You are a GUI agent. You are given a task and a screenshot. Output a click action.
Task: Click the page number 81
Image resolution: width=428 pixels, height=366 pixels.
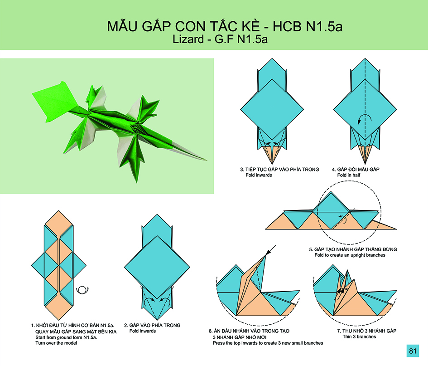413,351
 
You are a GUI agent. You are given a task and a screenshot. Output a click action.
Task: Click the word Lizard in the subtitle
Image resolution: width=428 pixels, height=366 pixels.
188,39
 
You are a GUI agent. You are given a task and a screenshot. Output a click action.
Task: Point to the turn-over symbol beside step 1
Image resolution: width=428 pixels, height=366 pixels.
82,290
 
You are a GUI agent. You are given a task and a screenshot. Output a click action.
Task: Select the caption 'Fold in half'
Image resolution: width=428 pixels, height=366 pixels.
349,175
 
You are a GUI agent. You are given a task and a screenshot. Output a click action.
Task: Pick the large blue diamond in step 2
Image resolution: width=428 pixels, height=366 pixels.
157,267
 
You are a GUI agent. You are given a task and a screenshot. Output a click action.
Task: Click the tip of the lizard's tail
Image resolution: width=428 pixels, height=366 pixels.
206,160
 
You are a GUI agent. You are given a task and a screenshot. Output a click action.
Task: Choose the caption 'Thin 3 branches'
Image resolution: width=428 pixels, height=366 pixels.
359,337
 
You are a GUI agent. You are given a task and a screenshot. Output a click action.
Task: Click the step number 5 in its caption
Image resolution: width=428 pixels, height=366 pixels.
311,249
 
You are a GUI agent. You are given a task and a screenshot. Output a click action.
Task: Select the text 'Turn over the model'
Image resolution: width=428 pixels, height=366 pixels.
56,343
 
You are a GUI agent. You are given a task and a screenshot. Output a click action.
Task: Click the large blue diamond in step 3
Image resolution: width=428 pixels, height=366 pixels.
272,110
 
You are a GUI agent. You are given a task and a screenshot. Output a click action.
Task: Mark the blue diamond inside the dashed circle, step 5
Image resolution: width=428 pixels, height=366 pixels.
331,210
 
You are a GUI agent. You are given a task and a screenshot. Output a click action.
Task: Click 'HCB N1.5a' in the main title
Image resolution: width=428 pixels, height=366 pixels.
308,26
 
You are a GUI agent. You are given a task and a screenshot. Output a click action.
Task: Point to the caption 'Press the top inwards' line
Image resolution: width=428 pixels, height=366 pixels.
268,343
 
